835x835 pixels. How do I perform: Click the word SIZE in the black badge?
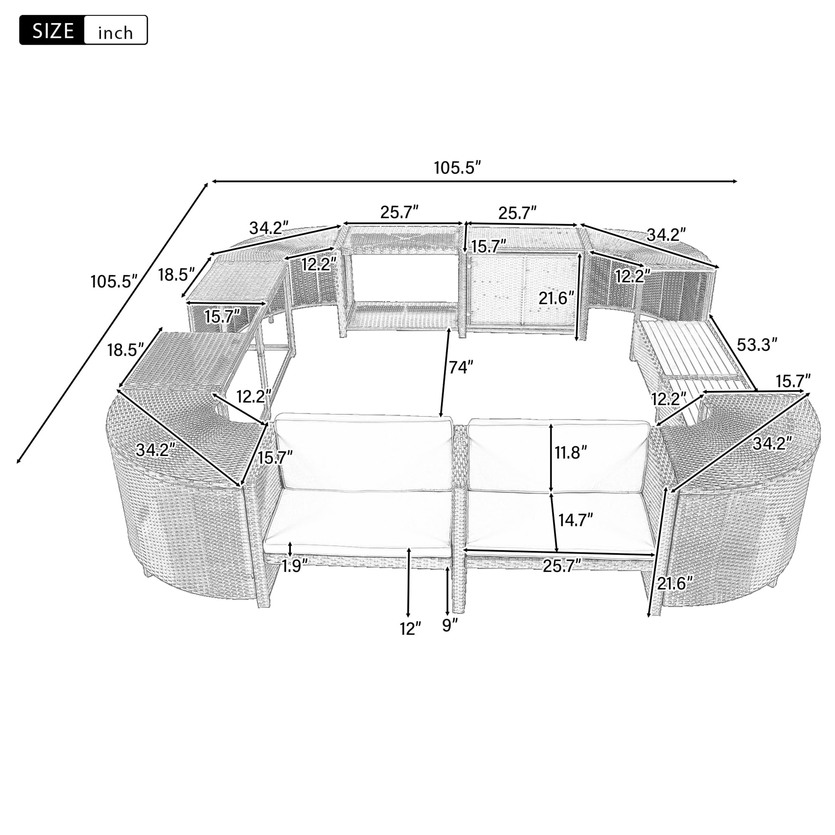tap(53, 30)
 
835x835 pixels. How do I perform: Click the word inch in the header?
tap(115, 33)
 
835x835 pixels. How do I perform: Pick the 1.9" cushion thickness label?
tap(295, 565)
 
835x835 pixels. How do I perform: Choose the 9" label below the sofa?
tap(450, 625)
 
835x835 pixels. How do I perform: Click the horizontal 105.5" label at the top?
tap(457, 168)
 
